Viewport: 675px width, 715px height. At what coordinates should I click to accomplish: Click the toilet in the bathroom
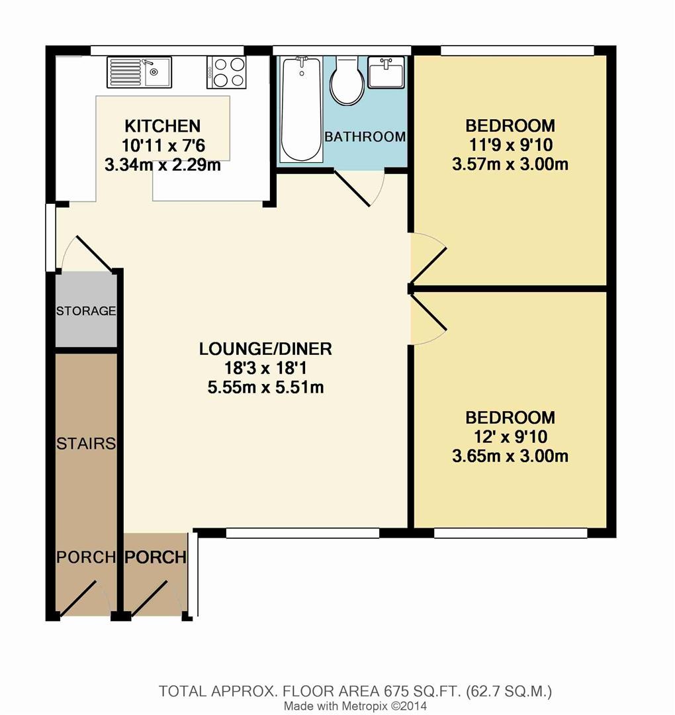click(347, 81)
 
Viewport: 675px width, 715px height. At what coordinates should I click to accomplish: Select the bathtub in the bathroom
click(301, 109)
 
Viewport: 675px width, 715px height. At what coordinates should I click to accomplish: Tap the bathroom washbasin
click(386, 71)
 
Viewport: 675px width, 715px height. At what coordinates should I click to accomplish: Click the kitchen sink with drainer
click(139, 71)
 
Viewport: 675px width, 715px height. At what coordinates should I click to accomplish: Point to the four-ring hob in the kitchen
click(227, 71)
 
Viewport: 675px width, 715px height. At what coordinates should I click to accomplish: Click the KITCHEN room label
click(163, 126)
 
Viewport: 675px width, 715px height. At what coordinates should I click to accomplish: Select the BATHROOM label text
click(365, 137)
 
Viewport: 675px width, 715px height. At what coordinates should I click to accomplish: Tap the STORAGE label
click(86, 310)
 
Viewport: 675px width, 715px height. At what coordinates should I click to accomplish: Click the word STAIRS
click(86, 443)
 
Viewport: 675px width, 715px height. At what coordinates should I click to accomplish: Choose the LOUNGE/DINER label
click(265, 348)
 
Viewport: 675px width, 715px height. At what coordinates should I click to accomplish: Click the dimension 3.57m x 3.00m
click(510, 164)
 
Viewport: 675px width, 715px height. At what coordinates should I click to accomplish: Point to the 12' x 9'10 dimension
click(510, 437)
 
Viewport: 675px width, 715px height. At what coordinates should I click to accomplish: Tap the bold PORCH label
click(156, 557)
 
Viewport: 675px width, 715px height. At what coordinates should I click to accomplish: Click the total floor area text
click(355, 692)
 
